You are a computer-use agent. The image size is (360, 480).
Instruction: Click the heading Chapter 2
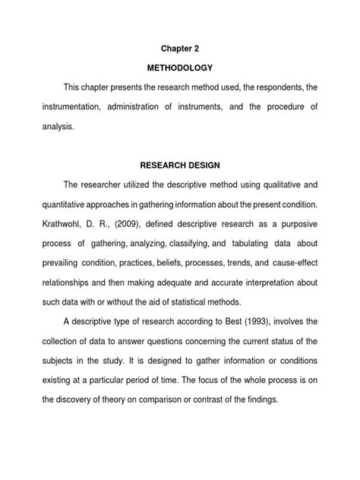(x=180, y=47)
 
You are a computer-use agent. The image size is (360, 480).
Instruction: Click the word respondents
(x=270, y=87)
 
